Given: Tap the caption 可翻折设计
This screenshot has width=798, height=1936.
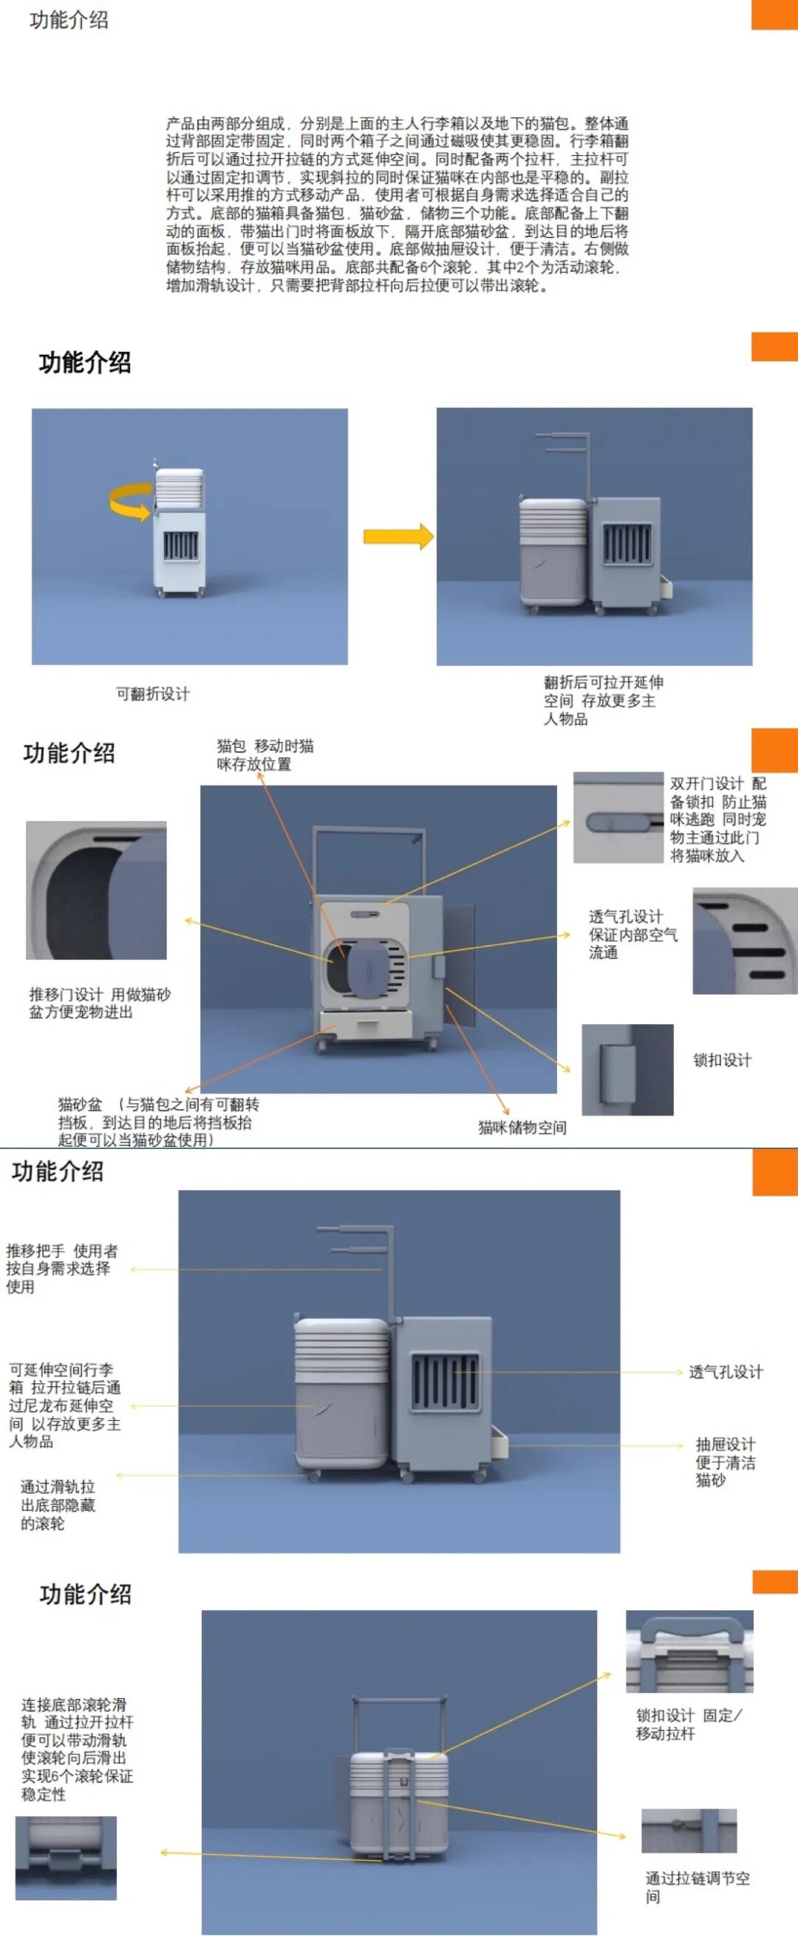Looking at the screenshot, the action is pos(152,694).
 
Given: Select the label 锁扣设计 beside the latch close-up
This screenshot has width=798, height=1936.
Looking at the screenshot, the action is pos(721,1060).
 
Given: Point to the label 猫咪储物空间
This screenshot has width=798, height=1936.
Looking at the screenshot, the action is pos(522,1127).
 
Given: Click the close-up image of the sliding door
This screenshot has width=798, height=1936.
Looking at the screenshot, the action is pos(96,890).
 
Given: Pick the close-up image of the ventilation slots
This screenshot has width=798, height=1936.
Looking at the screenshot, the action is pos(744,940).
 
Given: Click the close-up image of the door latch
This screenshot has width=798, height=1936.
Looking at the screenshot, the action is pos(627,1068).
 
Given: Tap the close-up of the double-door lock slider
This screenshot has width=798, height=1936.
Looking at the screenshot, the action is pos(618,817).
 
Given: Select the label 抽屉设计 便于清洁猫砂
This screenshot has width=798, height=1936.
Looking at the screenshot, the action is pos(725,1462).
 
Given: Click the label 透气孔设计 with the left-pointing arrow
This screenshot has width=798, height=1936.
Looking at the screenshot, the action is pos(725,1371).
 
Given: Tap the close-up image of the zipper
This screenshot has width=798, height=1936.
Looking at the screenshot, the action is pos(689,1831).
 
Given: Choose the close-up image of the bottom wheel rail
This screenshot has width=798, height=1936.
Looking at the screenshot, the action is pos(66,1858).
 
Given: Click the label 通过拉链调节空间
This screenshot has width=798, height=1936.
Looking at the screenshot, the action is pos(697,1887).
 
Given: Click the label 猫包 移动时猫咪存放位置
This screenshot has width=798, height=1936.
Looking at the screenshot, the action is pos(265,754).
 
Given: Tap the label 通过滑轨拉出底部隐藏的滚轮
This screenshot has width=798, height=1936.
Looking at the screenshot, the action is pos(58,1504).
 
